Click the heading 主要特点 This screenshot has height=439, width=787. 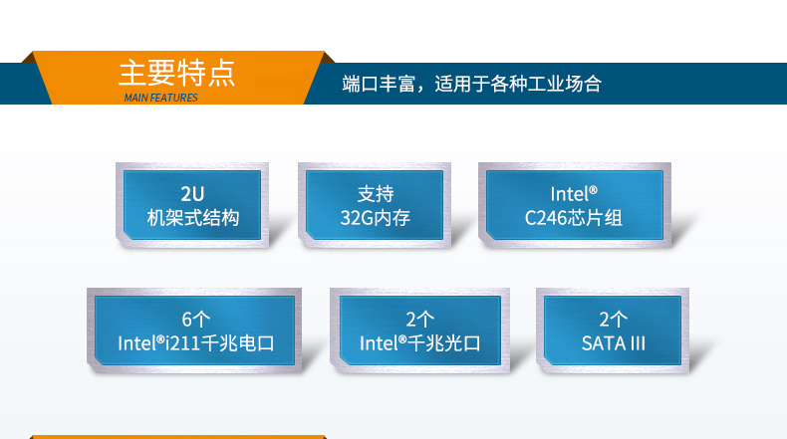click(x=176, y=74)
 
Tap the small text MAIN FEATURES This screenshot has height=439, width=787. click(x=160, y=98)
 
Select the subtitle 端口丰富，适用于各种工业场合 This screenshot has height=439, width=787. click(x=471, y=84)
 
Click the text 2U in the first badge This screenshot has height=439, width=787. click(x=192, y=194)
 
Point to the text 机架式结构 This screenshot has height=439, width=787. click(x=192, y=217)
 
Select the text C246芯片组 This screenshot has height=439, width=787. click(x=573, y=217)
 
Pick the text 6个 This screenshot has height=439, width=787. click(x=196, y=320)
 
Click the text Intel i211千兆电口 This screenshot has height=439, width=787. click(x=196, y=343)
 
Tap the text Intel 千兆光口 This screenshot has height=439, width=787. click(x=419, y=343)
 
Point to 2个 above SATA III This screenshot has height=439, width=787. click(x=614, y=320)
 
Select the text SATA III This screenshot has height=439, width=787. click(x=614, y=343)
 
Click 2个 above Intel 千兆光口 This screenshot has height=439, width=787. click(x=419, y=320)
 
